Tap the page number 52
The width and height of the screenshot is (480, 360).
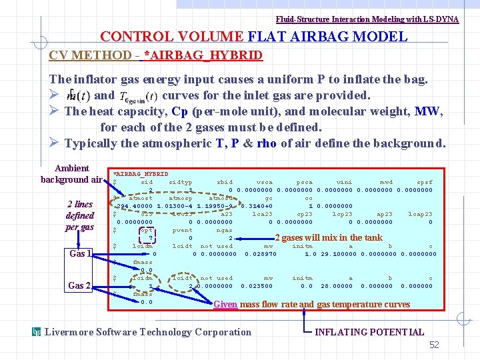(434, 345)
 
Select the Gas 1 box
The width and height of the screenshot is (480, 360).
(79, 253)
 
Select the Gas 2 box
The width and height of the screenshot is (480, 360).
(79, 285)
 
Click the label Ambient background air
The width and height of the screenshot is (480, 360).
(72, 174)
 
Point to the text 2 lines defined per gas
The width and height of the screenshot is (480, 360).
(79, 215)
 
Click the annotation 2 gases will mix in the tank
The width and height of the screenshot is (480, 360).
(329, 237)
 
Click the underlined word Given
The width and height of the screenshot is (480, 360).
(225, 305)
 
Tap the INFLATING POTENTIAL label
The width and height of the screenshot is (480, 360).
(369, 332)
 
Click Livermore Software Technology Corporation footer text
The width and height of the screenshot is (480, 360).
(147, 332)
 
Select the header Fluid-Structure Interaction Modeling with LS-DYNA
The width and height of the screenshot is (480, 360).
(367, 19)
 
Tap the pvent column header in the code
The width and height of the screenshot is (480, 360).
(182, 230)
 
